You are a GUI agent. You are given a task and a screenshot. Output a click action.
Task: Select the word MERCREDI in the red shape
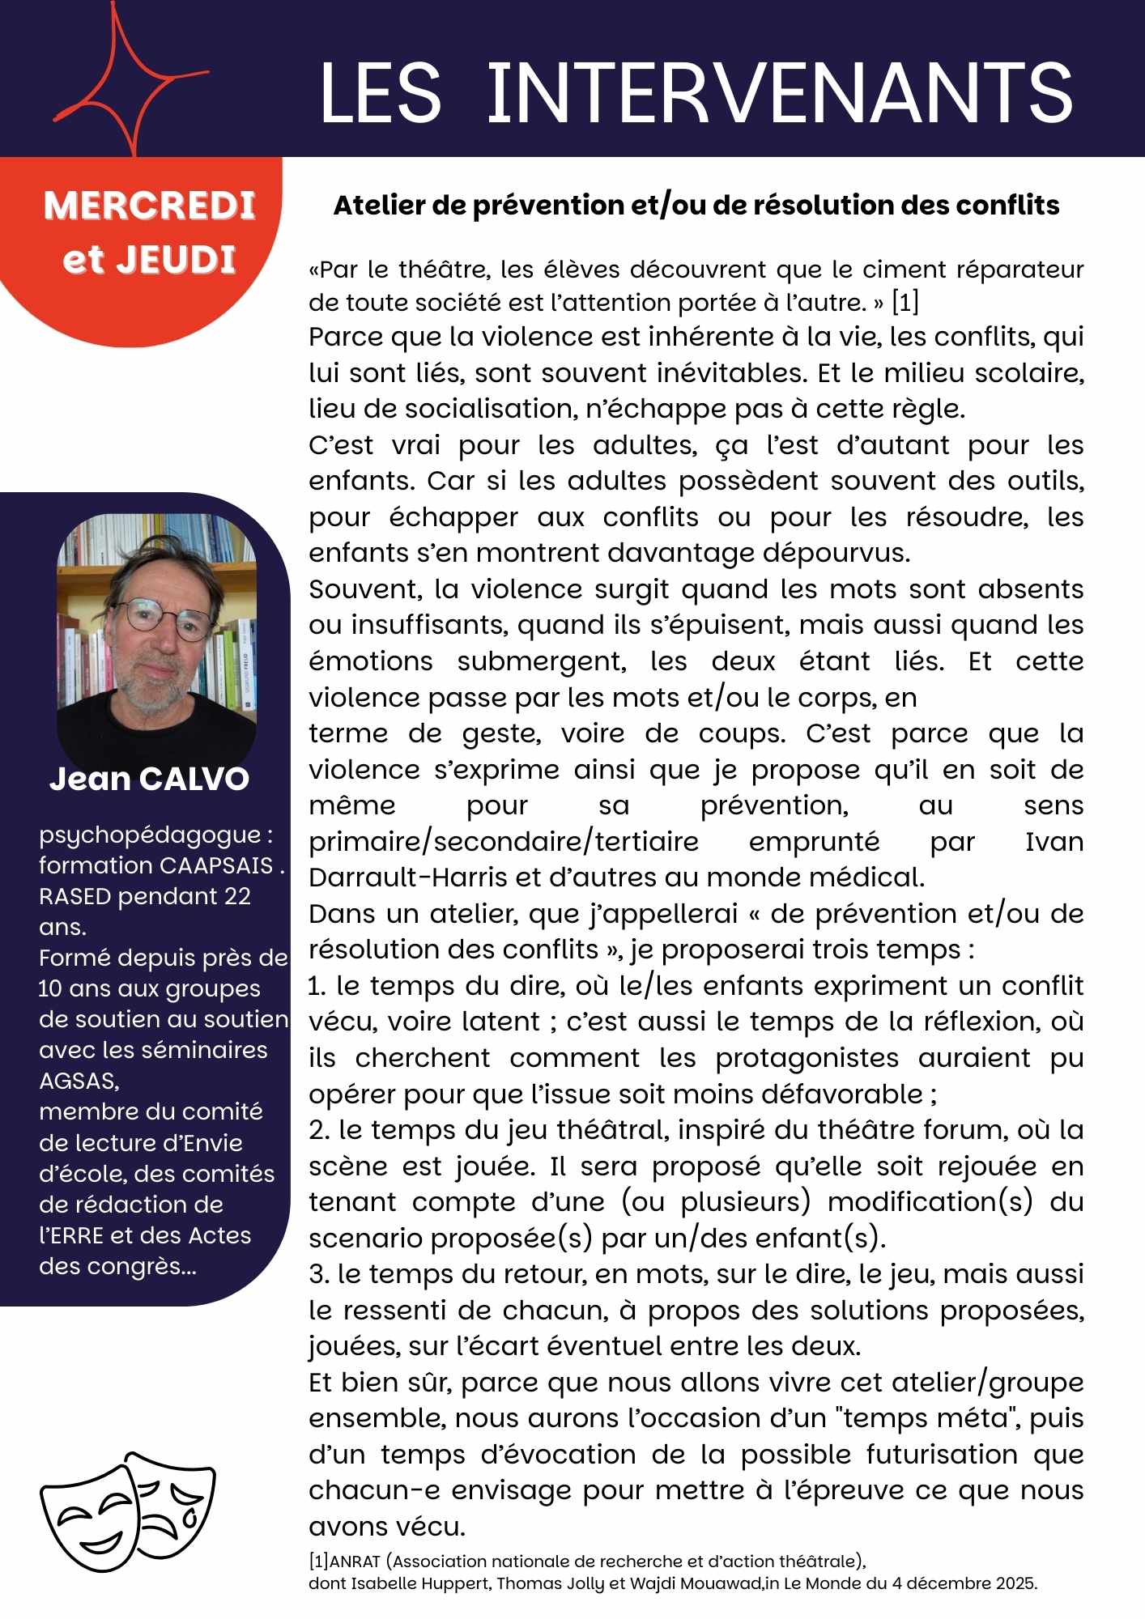(150, 206)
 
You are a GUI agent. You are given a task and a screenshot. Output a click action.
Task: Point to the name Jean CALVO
(149, 779)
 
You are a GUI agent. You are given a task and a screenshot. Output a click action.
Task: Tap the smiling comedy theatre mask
(89, 1518)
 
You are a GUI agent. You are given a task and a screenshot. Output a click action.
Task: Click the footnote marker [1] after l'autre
(905, 303)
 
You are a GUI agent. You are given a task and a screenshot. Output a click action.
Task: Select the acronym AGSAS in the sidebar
(79, 1081)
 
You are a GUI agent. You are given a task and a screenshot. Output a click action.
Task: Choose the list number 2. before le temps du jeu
(318, 1130)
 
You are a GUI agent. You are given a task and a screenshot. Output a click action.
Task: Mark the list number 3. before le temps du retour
(317, 1274)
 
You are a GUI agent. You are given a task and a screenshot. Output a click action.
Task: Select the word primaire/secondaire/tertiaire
(503, 842)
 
